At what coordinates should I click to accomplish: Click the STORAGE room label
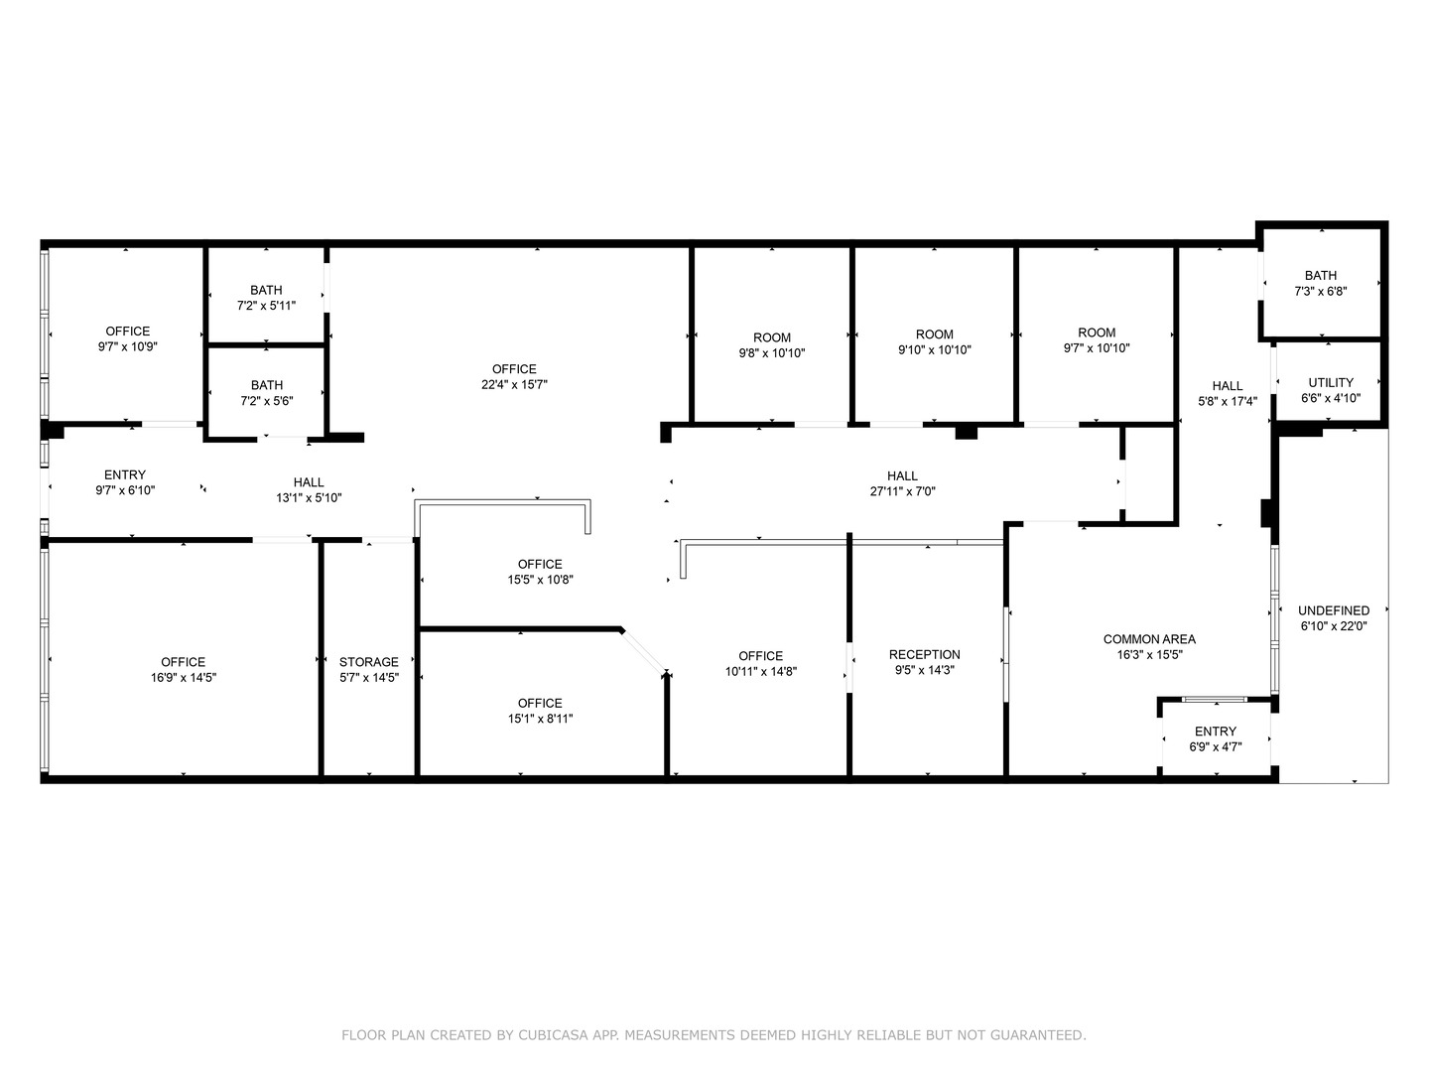(369, 662)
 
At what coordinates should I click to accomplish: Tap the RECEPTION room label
(924, 654)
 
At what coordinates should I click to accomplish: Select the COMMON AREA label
(1149, 639)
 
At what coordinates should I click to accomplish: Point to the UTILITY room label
(1330, 382)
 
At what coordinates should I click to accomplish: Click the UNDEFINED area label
(1334, 610)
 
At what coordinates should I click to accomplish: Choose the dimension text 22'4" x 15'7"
(514, 385)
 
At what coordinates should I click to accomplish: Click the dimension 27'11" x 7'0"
(902, 491)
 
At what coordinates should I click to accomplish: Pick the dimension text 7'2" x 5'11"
(266, 306)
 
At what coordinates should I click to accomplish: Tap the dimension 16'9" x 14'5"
(184, 678)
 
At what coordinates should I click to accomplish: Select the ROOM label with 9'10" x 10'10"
(934, 335)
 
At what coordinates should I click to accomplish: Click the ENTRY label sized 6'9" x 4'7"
(1216, 732)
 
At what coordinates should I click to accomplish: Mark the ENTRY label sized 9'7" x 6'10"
(125, 474)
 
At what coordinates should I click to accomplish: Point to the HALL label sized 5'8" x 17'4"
(1227, 386)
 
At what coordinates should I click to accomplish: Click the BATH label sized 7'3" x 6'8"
(1320, 275)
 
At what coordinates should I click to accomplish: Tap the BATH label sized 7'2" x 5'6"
(266, 385)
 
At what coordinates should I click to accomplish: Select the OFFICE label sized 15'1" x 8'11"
(540, 703)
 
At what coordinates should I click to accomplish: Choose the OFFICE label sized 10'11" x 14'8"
(760, 655)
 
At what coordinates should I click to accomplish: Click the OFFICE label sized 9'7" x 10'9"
(128, 332)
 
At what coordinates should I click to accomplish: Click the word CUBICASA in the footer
(555, 1035)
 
